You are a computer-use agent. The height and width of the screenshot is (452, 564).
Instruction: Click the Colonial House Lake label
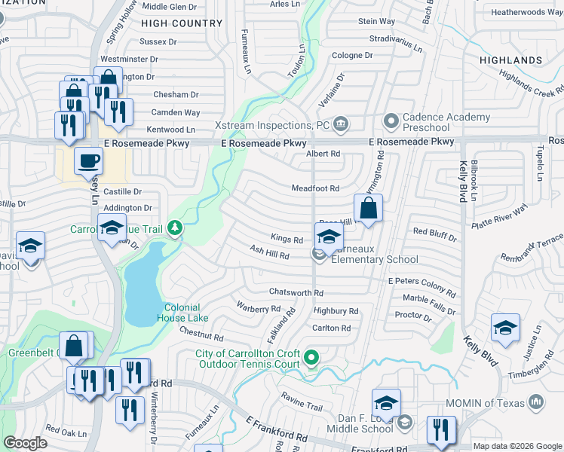pyautogui.click(x=182, y=313)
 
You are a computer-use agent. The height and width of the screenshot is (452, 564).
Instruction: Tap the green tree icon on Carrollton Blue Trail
pyautogui.click(x=175, y=228)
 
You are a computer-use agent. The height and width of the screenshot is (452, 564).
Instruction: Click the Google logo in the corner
pyautogui.click(x=25, y=443)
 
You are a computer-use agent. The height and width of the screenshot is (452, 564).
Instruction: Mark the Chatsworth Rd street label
pyautogui.click(x=297, y=293)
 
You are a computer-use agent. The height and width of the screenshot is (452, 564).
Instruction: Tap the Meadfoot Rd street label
pyautogui.click(x=316, y=188)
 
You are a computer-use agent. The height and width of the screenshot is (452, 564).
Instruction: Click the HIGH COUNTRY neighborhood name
pyautogui.click(x=182, y=23)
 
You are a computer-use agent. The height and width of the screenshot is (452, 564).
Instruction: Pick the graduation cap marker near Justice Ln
pyautogui.click(x=504, y=328)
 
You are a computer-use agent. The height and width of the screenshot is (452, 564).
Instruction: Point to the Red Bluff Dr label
pyautogui.click(x=434, y=233)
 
